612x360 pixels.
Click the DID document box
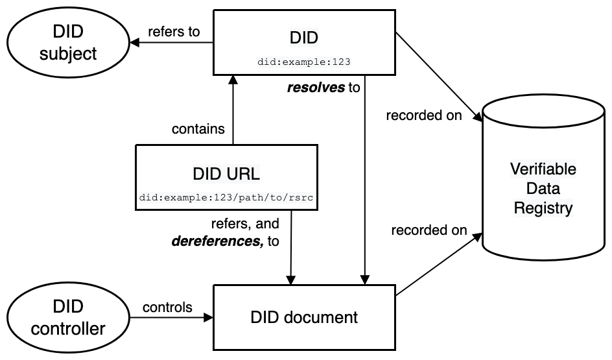pyautogui.click(x=304, y=318)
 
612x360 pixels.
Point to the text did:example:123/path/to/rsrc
pyautogui.click(x=226, y=197)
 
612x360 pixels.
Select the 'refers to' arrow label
pyautogui.click(x=174, y=31)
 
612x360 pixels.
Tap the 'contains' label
pyautogui.click(x=198, y=129)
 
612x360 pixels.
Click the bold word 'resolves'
pyautogui.click(x=316, y=87)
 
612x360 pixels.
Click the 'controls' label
pyautogui.click(x=167, y=307)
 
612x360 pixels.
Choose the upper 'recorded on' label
pyautogui.click(x=424, y=116)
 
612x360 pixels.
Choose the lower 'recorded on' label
pyautogui.click(x=429, y=230)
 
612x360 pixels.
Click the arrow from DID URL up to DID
pyautogui.click(x=233, y=110)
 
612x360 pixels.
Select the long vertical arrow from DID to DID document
pyautogui.click(x=366, y=182)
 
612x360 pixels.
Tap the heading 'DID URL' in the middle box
pyautogui.click(x=226, y=174)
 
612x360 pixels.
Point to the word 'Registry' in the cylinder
pyautogui.click(x=543, y=208)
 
